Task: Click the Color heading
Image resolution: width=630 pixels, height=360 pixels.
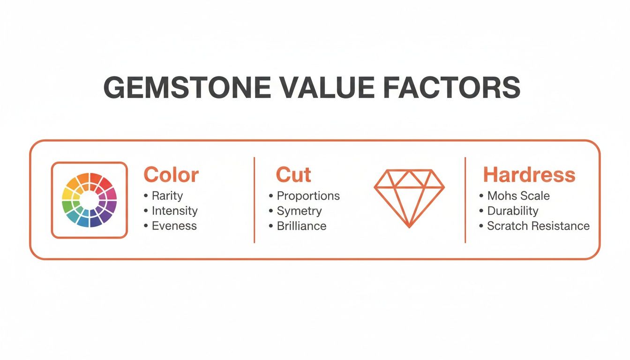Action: [x=171, y=175]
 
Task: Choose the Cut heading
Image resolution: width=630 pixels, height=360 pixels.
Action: [x=293, y=175]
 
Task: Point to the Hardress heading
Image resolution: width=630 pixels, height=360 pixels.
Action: [x=529, y=175]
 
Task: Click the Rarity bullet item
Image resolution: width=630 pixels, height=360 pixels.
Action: [x=167, y=195]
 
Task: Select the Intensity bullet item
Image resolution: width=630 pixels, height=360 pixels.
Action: [x=174, y=210]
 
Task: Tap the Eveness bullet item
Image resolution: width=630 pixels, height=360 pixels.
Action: [x=174, y=225]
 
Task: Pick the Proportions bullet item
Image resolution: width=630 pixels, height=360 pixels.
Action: [x=308, y=195]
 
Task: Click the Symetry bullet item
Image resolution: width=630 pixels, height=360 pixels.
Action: [x=299, y=210]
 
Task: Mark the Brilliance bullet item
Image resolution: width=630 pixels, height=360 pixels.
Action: [x=301, y=225]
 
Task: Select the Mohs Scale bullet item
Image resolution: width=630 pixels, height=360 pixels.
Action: [x=518, y=195]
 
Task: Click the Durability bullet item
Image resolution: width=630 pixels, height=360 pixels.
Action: [x=513, y=210]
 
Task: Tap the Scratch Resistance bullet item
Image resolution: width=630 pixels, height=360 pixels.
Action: [x=538, y=225]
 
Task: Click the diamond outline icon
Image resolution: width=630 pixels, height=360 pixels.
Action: [x=409, y=197]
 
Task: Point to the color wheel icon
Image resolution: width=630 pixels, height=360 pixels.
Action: [x=89, y=200]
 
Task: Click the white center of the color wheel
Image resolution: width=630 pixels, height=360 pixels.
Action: [x=89, y=200]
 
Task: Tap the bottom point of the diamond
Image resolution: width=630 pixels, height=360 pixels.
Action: [x=409, y=227]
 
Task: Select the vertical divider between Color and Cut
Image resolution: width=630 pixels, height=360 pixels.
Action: [x=254, y=200]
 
